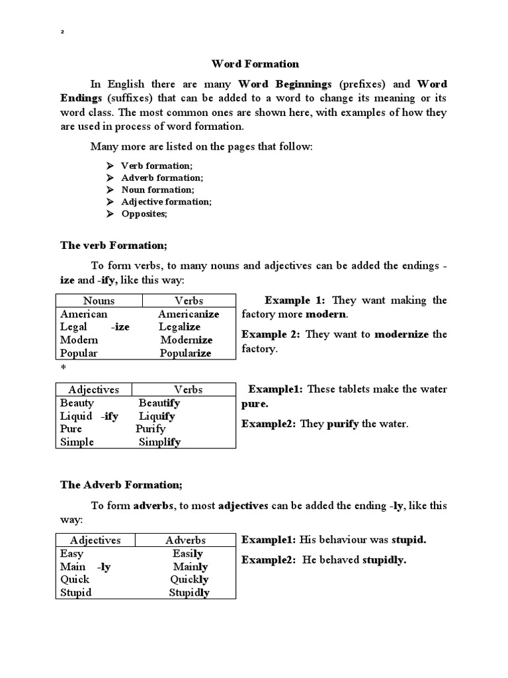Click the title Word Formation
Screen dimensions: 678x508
click(x=255, y=64)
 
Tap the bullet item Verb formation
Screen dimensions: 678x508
click(x=157, y=166)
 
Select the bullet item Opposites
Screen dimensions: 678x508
click(x=144, y=214)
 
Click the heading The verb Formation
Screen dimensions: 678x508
click(x=114, y=245)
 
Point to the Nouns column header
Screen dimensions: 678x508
click(x=99, y=301)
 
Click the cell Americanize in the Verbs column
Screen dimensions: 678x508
click(x=189, y=314)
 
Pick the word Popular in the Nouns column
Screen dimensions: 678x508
click(x=79, y=353)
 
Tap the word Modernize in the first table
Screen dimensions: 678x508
click(x=187, y=340)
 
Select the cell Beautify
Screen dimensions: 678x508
click(x=159, y=403)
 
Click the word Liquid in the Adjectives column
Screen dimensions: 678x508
click(x=76, y=416)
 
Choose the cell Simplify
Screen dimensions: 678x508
click(x=159, y=442)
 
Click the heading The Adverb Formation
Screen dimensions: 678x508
click(x=121, y=485)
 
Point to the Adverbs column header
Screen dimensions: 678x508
click(x=185, y=540)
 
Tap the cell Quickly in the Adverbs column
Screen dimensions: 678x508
click(x=189, y=579)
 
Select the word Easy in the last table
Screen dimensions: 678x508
click(x=72, y=553)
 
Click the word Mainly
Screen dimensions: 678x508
click(x=190, y=566)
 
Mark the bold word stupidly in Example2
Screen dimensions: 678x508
click(x=384, y=560)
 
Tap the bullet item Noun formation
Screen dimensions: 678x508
click(x=157, y=189)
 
